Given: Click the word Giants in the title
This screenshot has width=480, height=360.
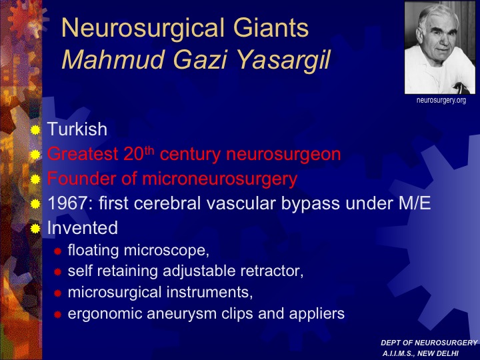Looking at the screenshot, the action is click(271, 28).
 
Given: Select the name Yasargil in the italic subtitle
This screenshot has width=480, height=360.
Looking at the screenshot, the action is click(284, 60).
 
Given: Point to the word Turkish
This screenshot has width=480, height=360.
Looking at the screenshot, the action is click(77, 129).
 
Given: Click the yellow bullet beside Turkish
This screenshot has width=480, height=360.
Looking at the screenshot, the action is click(35, 130).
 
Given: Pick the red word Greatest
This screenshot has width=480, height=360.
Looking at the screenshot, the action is click(83, 154).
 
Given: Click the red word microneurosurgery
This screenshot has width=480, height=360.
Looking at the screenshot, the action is click(220, 179).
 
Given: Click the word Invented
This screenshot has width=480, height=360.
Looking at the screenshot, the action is click(83, 228).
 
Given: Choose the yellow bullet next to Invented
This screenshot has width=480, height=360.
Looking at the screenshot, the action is click(35, 229).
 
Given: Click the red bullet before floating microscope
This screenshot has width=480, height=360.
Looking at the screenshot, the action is click(57, 251).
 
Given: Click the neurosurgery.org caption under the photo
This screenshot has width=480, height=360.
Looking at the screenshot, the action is click(441, 101).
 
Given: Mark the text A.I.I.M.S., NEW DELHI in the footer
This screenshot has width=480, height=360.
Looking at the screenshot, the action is click(420, 353).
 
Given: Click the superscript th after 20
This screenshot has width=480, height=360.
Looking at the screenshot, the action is click(149, 150).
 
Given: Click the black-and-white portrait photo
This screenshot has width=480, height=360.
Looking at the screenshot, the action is click(440, 47).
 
